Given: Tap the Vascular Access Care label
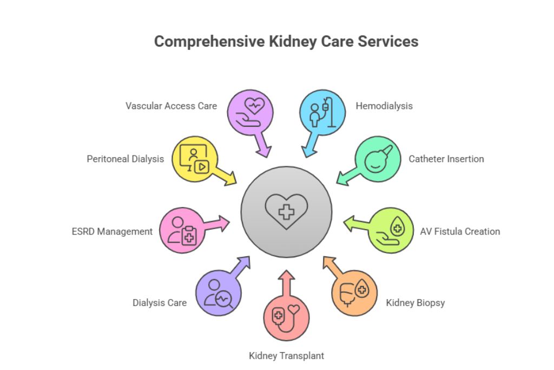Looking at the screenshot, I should point(171,106).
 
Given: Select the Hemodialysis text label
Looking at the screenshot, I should point(384,106).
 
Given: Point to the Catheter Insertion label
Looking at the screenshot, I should point(446,159).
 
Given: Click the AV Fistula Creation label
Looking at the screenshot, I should point(459,231).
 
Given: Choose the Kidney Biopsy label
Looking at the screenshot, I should point(415,302).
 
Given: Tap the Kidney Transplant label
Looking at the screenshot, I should point(286,356).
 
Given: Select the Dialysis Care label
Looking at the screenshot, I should point(159,302).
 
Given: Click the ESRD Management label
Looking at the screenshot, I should point(112,231).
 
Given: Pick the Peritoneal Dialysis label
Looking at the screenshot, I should point(125,159).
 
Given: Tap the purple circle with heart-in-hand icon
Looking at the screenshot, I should point(250,112).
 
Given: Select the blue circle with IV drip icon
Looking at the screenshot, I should point(322,112).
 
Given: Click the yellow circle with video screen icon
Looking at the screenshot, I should point(195,159).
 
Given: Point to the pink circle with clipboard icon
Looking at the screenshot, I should point(182,230).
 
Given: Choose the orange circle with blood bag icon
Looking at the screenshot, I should point(354,293).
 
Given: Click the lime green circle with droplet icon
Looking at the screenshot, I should point(391,230).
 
